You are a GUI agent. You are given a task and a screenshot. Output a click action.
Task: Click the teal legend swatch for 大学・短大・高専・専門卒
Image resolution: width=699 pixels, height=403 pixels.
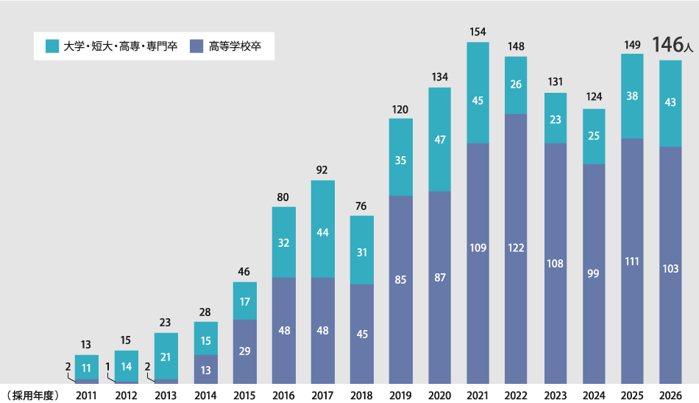52,46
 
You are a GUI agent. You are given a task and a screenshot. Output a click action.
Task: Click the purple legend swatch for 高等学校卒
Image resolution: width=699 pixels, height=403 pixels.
196,46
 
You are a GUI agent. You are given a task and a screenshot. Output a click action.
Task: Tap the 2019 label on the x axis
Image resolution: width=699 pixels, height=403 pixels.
400,396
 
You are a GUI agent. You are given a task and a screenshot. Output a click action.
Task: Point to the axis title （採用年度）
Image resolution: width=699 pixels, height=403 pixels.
32,396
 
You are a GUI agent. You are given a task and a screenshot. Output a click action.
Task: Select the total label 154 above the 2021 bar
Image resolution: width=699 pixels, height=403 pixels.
478,32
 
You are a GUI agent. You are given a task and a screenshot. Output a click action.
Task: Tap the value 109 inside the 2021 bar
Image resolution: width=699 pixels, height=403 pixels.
478,248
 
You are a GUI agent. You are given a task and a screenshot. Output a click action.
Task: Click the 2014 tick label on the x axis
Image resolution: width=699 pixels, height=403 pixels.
205,396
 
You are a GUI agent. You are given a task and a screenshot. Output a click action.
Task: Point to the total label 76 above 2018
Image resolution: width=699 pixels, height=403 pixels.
361,205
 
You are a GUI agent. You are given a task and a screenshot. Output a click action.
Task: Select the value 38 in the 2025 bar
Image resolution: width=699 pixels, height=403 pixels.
632,96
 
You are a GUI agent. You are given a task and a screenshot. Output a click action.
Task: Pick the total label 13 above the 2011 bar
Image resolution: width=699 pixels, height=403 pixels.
86,344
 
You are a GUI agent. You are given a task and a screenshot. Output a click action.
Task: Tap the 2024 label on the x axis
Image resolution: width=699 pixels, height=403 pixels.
594,396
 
